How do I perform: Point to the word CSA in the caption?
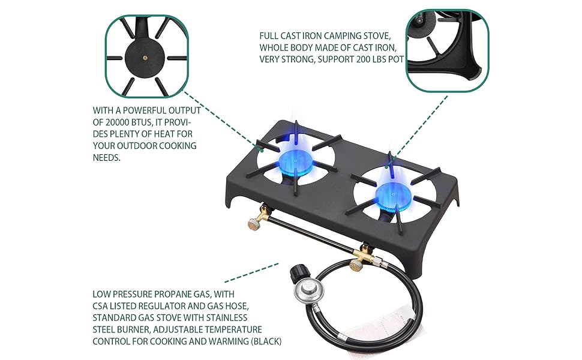click(100, 306)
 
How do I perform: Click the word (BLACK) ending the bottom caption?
click(267, 341)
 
